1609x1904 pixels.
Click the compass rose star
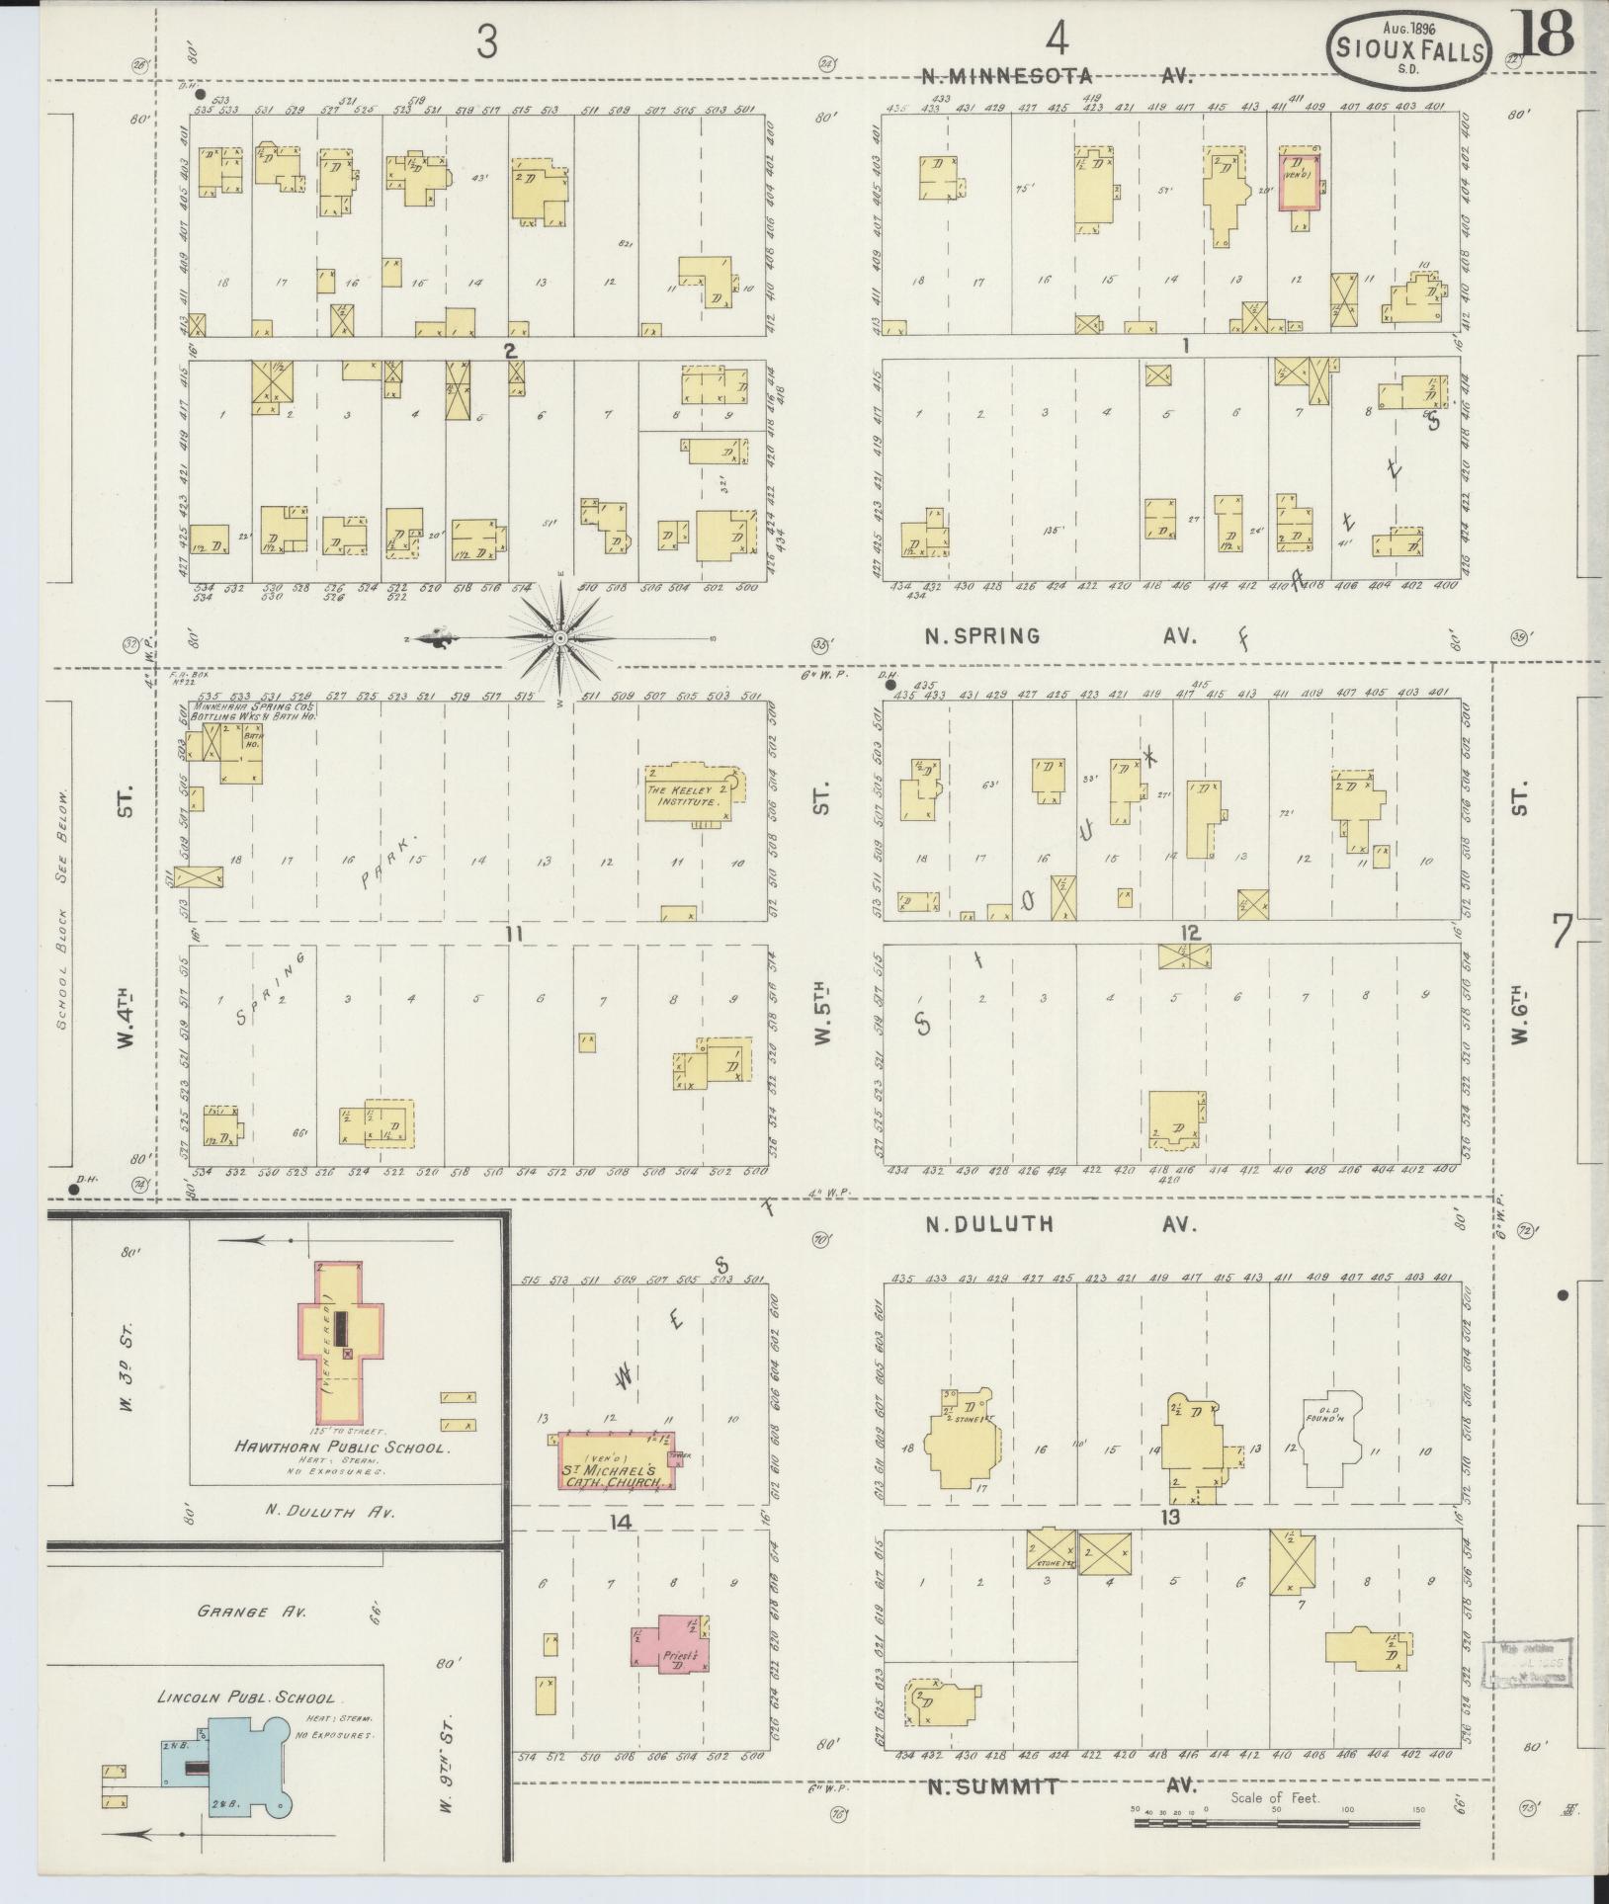coord(559,639)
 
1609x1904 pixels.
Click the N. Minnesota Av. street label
coord(1057,75)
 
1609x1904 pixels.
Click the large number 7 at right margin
coord(1563,931)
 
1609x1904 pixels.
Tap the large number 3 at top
coord(486,42)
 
